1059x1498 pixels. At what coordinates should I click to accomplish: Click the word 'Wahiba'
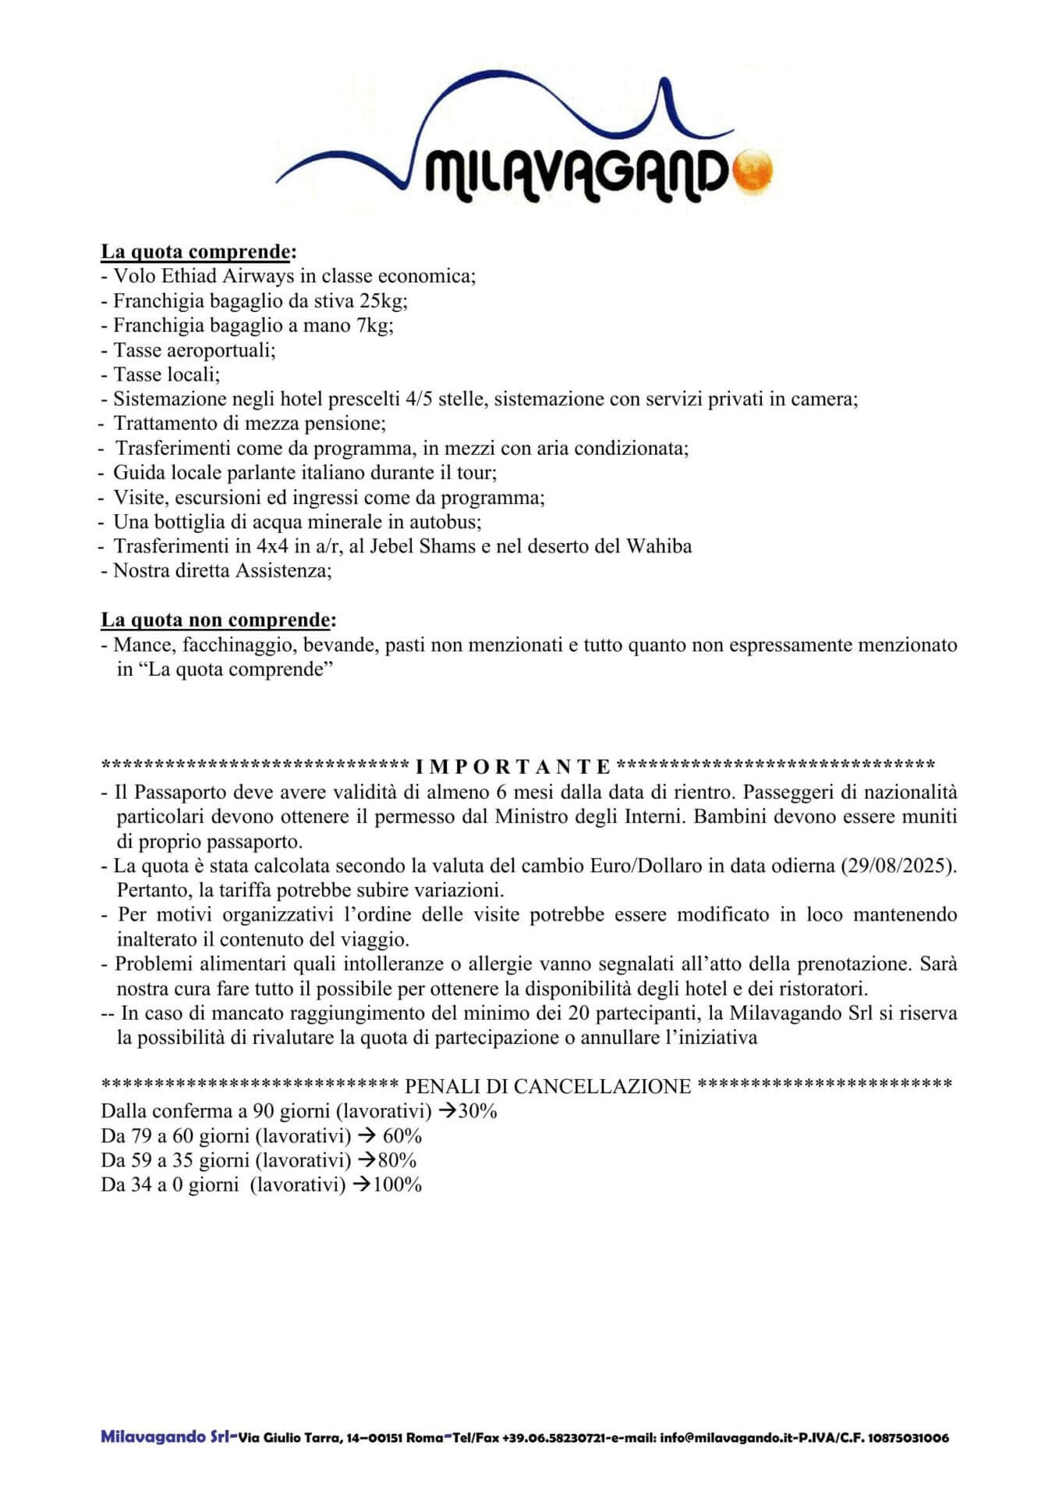pos(659,546)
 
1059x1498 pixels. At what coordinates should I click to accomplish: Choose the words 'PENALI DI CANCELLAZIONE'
pos(548,1087)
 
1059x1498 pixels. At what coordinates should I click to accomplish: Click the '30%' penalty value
pos(477,1111)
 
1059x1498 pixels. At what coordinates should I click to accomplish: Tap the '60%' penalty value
pos(402,1136)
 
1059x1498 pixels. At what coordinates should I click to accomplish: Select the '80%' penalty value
pos(397,1160)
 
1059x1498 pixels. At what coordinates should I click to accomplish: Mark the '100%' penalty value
pos(397,1185)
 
